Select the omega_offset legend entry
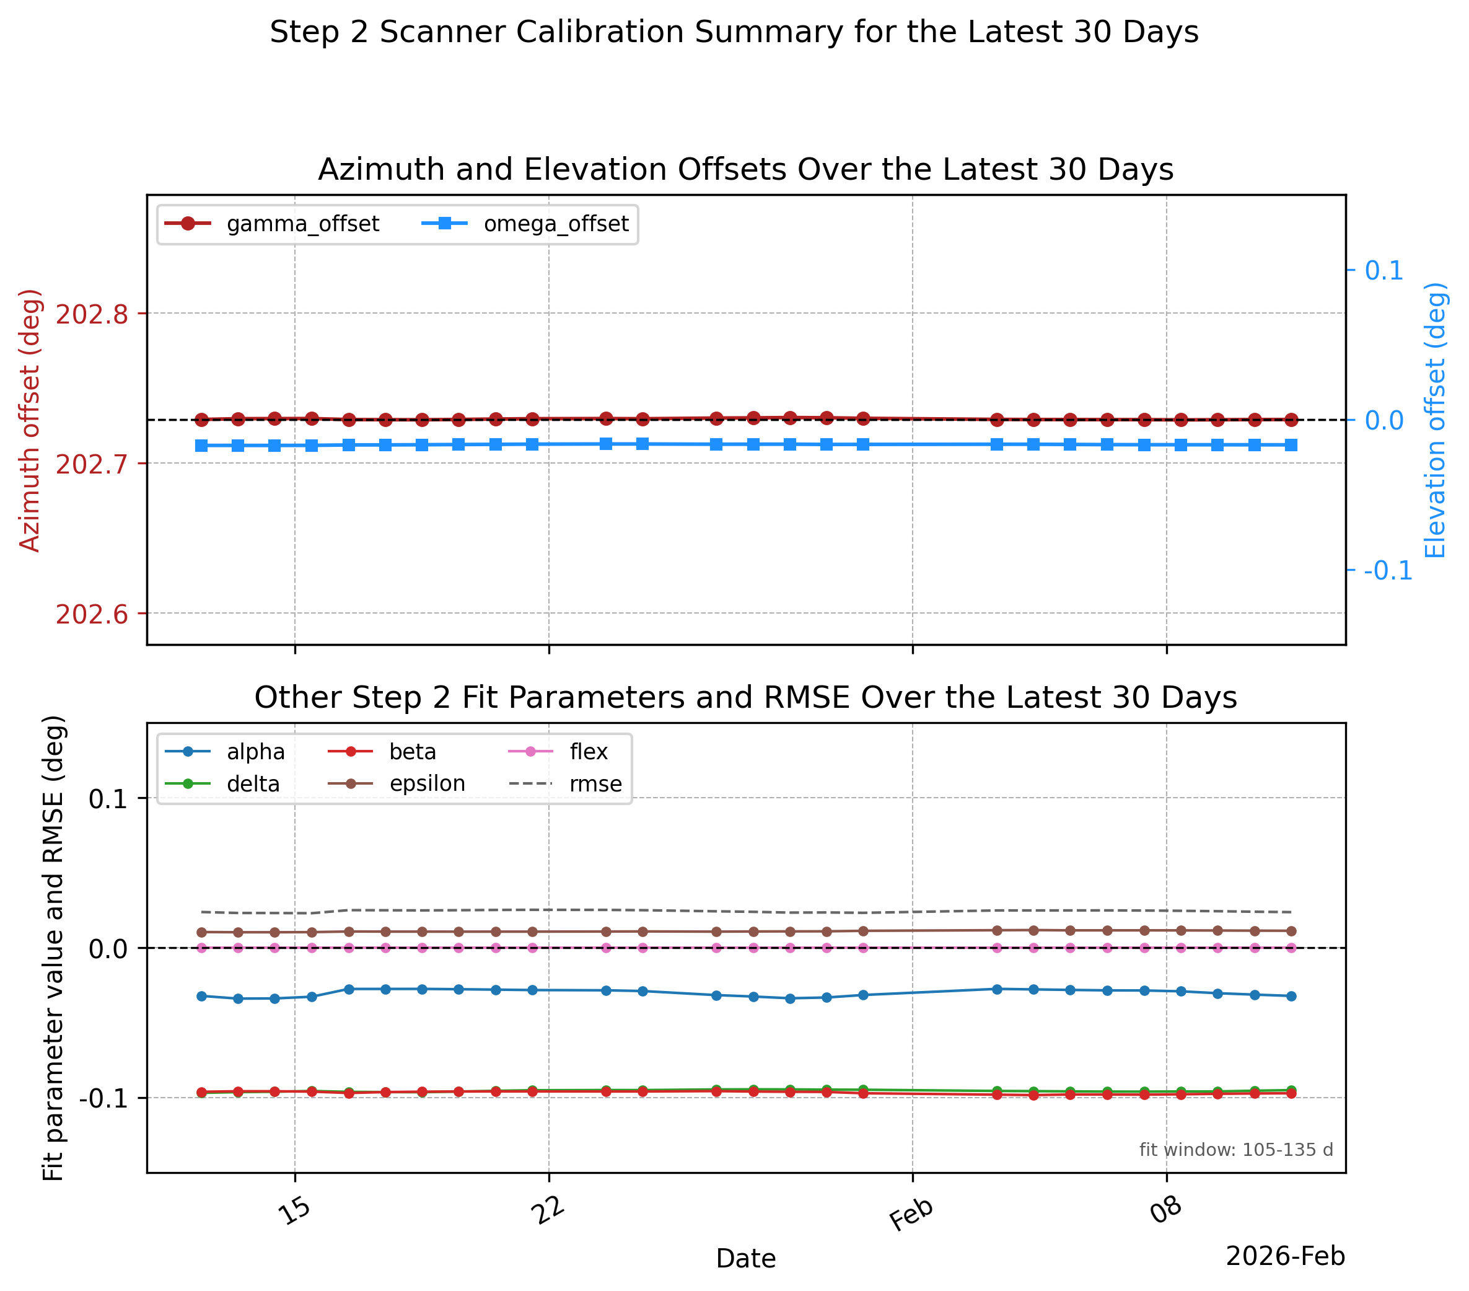[x=525, y=224]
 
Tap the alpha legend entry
[x=225, y=752]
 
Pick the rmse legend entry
[x=565, y=784]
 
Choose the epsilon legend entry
[x=397, y=783]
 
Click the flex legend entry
[x=558, y=752]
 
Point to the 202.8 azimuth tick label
[x=91, y=314]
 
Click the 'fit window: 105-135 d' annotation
[x=1236, y=1150]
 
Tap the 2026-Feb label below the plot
[x=1285, y=1256]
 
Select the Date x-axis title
[x=746, y=1259]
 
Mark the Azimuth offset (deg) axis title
[x=30, y=420]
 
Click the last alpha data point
[x=1291, y=996]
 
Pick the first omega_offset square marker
[x=201, y=446]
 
